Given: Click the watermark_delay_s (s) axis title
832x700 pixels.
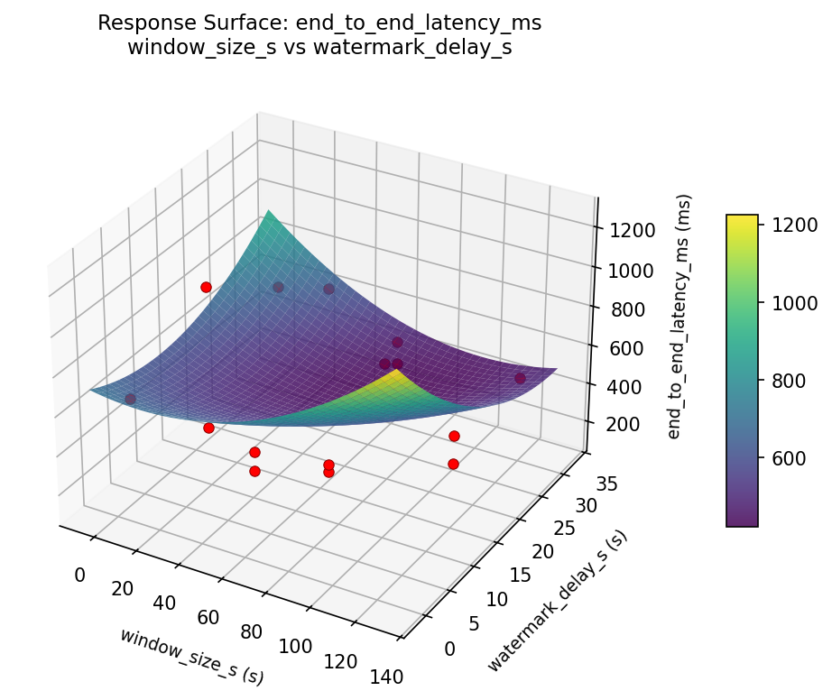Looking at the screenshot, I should (x=557, y=601).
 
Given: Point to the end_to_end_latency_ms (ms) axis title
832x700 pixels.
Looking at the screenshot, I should (x=685, y=316).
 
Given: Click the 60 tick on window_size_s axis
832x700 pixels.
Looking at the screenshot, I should (x=209, y=617).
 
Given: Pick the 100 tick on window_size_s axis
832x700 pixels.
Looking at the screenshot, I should (x=295, y=646).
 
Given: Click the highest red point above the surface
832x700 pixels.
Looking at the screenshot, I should (x=206, y=287).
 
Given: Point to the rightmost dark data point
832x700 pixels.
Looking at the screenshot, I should (x=520, y=378).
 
